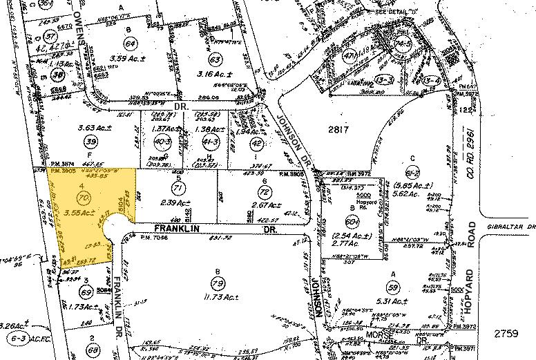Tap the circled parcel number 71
(178, 188)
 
